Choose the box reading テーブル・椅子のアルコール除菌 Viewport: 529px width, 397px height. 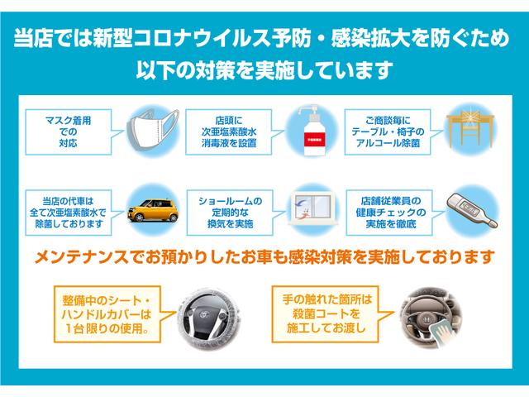pyautogui.click(x=384, y=131)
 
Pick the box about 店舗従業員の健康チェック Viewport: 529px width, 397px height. pyautogui.click(x=384, y=211)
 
